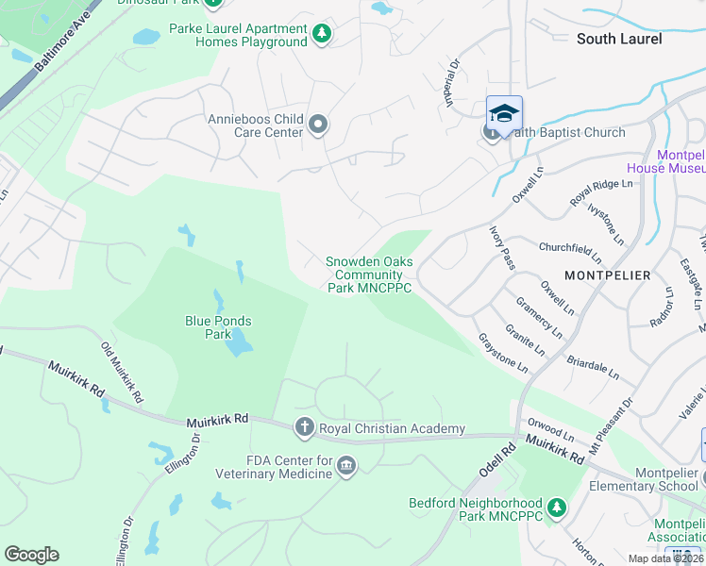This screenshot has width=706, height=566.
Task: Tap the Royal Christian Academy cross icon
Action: tap(304, 428)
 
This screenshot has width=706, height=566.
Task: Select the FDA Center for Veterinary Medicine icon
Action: tap(346, 466)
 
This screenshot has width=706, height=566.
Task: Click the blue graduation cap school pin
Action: tap(504, 113)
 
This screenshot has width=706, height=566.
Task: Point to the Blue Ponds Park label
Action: tap(219, 327)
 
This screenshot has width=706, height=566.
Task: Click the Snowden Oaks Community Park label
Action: tap(369, 275)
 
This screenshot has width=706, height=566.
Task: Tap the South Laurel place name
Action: tap(619, 39)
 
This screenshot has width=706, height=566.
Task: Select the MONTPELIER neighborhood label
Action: tap(607, 275)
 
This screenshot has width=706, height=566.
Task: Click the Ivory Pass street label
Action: tap(501, 247)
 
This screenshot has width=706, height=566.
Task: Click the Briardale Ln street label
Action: tap(593, 368)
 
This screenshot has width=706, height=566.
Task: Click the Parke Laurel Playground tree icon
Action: tap(323, 35)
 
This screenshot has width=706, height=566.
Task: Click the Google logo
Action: tap(31, 555)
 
